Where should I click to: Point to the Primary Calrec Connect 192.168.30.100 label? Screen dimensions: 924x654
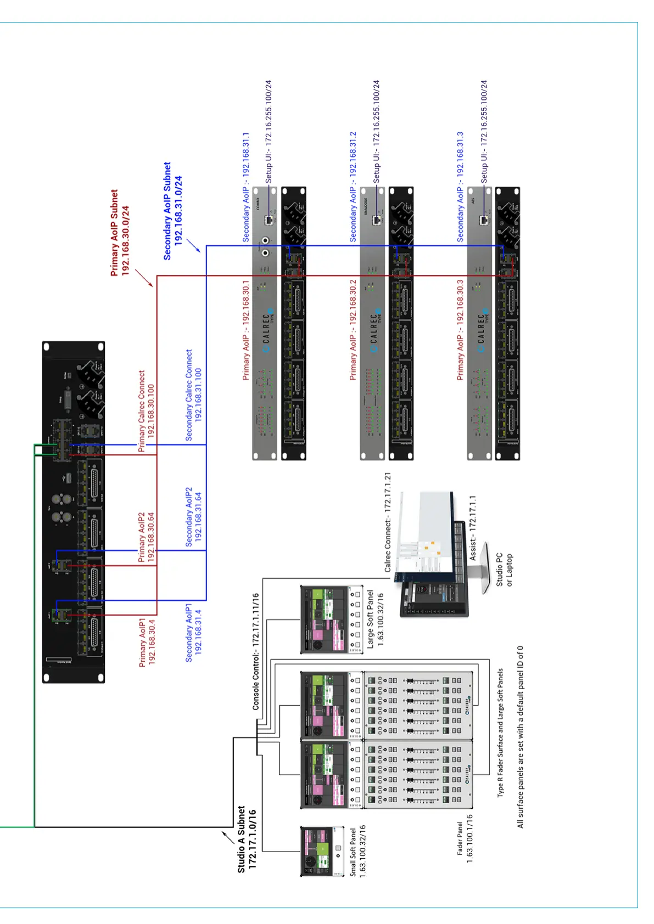coord(146,411)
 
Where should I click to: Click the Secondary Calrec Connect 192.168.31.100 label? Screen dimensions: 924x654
coord(193,395)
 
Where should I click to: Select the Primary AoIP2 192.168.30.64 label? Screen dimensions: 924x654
coord(146,537)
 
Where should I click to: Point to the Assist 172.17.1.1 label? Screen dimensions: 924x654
coord(472,527)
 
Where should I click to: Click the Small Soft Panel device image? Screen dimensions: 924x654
coord(317,850)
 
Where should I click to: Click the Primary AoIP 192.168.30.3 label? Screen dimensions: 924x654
coord(460,330)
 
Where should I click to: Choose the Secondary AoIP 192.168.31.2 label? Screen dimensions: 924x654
coord(353,187)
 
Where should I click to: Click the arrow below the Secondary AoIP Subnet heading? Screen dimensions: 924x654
coord(193,245)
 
